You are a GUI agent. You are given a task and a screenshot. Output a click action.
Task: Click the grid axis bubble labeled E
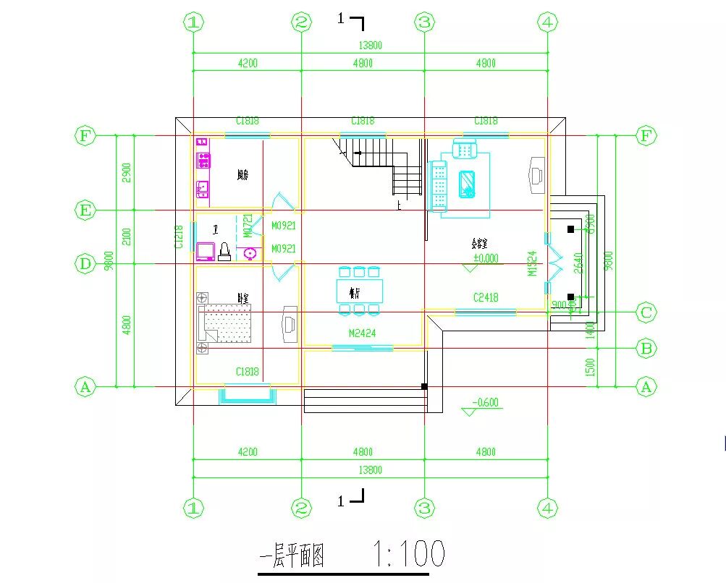(x=85, y=210)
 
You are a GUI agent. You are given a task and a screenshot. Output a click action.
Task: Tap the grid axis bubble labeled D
(x=85, y=264)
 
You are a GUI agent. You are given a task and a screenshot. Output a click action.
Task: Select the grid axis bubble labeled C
(x=646, y=313)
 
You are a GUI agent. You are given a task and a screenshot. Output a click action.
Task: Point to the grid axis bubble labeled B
(x=646, y=349)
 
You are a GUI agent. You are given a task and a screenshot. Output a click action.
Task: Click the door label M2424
(x=362, y=333)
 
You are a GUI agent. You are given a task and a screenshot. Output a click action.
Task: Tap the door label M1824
(x=532, y=263)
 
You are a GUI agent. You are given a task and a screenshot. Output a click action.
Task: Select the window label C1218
(x=179, y=237)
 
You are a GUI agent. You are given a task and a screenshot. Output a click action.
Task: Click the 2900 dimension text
(x=127, y=172)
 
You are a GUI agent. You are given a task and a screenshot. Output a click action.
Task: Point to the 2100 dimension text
(x=127, y=237)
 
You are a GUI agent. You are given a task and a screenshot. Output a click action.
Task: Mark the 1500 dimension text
(x=591, y=367)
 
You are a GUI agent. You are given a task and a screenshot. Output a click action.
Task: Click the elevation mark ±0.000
(x=486, y=258)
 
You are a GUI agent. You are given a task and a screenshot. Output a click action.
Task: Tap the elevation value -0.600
(x=486, y=403)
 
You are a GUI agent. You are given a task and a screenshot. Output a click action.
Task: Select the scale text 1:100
(x=409, y=555)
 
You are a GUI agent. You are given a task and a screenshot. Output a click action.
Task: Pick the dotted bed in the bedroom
(x=227, y=322)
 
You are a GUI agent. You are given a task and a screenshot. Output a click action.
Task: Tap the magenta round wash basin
(x=251, y=253)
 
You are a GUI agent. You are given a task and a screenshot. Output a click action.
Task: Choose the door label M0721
(x=248, y=226)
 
